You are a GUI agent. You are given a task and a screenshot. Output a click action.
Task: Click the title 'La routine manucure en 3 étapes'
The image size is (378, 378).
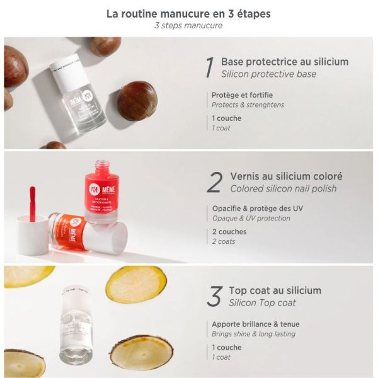click(x=188, y=13)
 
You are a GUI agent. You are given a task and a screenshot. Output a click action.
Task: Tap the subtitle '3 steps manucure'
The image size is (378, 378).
click(x=188, y=26)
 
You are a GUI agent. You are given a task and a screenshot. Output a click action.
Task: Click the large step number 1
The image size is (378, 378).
click(x=209, y=68)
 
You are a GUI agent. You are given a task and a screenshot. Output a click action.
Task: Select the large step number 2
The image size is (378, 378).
click(x=214, y=183)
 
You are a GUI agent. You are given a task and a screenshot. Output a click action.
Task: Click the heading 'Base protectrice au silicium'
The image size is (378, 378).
click(x=284, y=62)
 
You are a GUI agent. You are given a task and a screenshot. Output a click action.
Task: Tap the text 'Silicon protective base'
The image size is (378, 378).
click(x=268, y=74)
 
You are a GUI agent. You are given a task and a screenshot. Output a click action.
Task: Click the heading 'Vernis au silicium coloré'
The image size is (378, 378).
click(x=286, y=176)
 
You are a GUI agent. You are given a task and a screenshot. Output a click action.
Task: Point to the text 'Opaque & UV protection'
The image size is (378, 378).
click(x=251, y=219)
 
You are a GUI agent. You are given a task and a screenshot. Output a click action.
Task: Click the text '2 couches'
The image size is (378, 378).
click(x=229, y=232)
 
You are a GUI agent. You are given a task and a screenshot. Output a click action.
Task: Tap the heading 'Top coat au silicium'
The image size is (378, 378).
click(x=275, y=290)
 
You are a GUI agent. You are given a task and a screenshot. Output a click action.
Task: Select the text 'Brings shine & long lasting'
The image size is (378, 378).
click(x=253, y=334)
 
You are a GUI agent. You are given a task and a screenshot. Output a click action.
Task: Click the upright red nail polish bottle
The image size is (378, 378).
click(x=101, y=192)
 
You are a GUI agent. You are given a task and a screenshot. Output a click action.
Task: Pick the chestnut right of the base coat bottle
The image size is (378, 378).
click(x=137, y=100)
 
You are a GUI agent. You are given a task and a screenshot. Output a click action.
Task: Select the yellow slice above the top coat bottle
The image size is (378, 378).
click(x=135, y=284)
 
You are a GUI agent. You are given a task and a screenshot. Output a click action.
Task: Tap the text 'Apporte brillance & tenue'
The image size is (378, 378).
click(x=255, y=324)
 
